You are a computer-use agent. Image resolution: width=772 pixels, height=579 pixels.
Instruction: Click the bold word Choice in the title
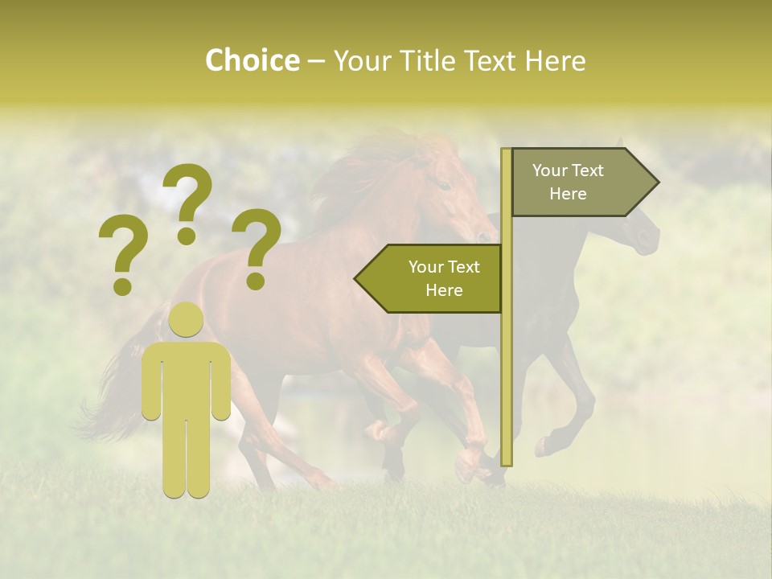coord(252,60)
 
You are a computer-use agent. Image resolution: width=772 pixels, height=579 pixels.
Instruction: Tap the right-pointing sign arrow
coord(585,182)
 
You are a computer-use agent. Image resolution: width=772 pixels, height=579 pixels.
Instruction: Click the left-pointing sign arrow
coord(428,278)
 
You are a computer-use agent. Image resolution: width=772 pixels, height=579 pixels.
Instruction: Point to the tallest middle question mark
coord(187,201)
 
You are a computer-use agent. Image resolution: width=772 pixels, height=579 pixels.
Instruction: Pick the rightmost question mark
coord(257,247)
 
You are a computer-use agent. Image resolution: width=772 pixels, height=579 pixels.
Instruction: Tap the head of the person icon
coord(186,320)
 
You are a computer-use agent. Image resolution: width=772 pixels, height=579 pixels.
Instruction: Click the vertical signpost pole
coord(506,322)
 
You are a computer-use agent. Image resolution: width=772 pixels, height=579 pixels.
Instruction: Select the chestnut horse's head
coord(454,197)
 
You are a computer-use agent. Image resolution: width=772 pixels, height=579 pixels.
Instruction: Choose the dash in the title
coord(316,61)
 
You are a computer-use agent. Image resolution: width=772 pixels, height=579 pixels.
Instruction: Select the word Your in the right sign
coord(550,170)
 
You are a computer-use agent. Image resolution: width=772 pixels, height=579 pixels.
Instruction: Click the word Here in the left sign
coord(443,290)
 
